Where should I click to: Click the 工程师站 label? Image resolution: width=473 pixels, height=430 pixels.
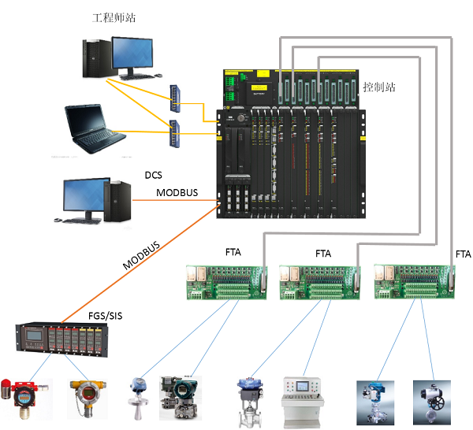click(114, 17)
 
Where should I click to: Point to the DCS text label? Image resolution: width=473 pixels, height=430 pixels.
click(153, 174)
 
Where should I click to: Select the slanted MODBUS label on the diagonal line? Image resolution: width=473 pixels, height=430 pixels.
click(142, 256)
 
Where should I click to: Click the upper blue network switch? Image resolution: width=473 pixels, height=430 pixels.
click(175, 96)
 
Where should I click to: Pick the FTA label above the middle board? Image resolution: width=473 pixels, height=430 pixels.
click(323, 254)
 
